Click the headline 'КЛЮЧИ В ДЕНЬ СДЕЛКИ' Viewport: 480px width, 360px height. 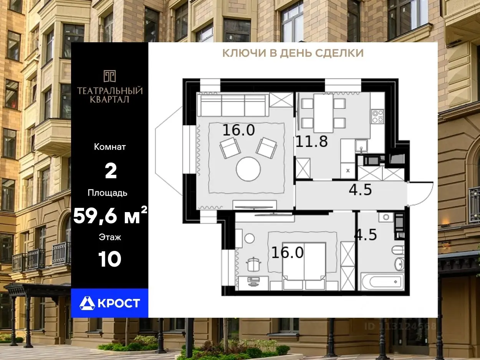pos(293,53)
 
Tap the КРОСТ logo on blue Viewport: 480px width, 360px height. pos(109,303)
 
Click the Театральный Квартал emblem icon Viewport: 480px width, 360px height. pos(109,76)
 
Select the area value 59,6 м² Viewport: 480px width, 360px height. pos(110,215)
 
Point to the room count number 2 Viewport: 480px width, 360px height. pos(111,171)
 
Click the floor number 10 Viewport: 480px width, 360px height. pos(109,259)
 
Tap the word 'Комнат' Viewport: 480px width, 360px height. pos(110,147)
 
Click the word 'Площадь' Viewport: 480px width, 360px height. pos(108,193)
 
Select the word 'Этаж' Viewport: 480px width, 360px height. pos(110,237)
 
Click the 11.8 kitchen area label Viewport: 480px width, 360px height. pos(312,141)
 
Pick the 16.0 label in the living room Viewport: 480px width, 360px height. pos(238,130)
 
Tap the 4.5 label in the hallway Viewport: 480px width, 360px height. pos(360,190)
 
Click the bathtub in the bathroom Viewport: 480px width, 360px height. pos(382,282)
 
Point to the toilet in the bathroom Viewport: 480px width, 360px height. pos(398,250)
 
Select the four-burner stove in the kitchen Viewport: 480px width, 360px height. pos(378,116)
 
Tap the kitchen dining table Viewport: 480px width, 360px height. pos(323,113)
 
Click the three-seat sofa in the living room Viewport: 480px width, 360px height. pos(233,105)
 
